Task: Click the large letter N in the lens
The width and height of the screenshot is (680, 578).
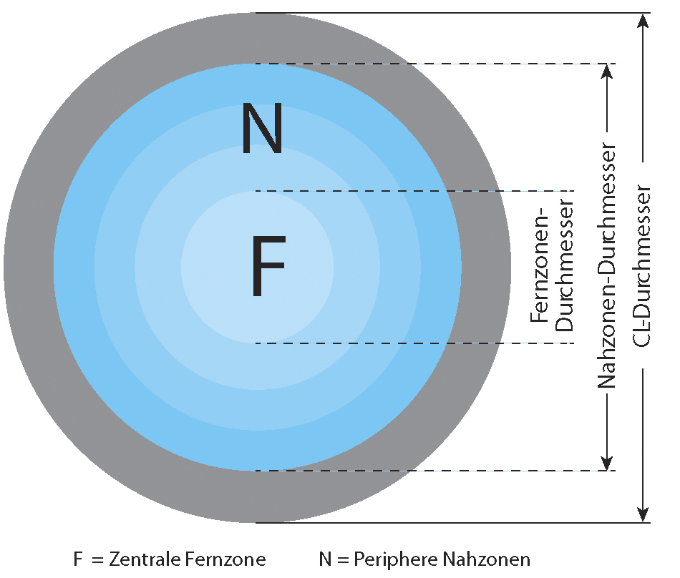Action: pyautogui.click(x=263, y=128)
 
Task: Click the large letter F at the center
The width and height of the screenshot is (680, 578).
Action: pyautogui.click(x=268, y=266)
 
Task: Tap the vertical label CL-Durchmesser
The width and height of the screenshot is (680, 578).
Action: pyautogui.click(x=642, y=266)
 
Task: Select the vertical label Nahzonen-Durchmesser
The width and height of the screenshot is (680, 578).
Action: pyautogui.click(x=607, y=265)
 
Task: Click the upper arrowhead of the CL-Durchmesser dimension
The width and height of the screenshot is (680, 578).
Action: pyautogui.click(x=643, y=21)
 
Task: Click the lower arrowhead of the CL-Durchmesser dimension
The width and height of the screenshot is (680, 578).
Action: pyautogui.click(x=643, y=515)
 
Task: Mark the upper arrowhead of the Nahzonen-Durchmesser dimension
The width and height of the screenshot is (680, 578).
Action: pyautogui.click(x=608, y=72)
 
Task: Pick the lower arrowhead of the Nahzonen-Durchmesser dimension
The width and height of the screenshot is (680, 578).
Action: pyautogui.click(x=608, y=463)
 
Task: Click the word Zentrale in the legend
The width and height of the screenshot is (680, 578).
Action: pyautogui.click(x=144, y=559)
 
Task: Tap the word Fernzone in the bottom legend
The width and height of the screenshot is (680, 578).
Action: pyautogui.click(x=225, y=559)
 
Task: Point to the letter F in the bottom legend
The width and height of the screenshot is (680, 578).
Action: pyautogui.click(x=78, y=559)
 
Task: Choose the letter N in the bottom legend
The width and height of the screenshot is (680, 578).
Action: pyautogui.click(x=325, y=559)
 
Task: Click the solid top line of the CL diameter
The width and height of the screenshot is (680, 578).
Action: pyautogui.click(x=453, y=13)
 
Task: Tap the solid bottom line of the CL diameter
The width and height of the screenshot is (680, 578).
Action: pyautogui.click(x=453, y=523)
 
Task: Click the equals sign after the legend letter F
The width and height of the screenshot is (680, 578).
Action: pyautogui.click(x=97, y=560)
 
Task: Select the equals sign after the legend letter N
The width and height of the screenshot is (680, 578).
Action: pyautogui.click(x=343, y=560)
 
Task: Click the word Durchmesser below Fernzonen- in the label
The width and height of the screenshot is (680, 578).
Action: pyautogui.click(x=565, y=265)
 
